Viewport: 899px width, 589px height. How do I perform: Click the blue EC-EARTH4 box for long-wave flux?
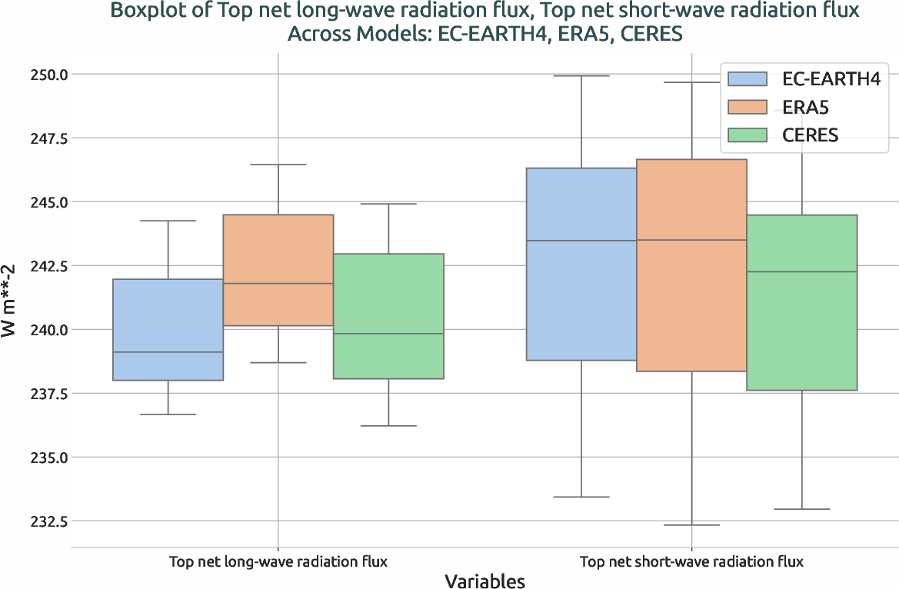tap(168, 329)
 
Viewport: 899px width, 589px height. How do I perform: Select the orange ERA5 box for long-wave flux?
tap(278, 270)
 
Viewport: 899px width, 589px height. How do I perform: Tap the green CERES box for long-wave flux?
tap(388, 316)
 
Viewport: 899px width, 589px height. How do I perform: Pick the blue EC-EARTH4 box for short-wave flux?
tap(581, 264)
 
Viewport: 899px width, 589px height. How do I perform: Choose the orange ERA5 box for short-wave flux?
tap(691, 265)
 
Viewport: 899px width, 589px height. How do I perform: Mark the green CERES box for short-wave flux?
tap(801, 302)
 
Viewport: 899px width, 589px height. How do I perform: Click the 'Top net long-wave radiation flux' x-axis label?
tap(278, 561)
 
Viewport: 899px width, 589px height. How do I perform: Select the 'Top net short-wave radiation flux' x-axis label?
tap(691, 561)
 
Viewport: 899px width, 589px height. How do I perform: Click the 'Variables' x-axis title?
tap(484, 581)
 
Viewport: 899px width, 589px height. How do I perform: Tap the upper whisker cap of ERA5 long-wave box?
tap(278, 165)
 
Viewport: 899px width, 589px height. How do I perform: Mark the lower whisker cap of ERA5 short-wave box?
tap(691, 525)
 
